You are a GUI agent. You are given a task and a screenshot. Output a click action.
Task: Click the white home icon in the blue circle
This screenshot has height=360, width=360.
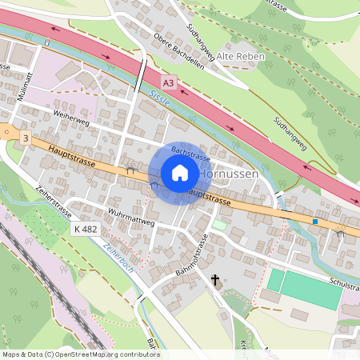pyautogui.click(x=180, y=173)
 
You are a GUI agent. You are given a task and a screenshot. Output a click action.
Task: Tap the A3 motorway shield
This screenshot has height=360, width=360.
pyautogui.click(x=167, y=82)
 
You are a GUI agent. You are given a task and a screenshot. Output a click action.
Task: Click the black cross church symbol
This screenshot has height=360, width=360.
pyautogui.click(x=214, y=280)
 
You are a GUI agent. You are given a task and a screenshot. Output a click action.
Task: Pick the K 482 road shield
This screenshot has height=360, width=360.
pyautogui.click(x=86, y=229)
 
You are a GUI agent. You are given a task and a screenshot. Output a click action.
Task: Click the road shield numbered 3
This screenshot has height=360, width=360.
pyautogui.click(x=26, y=138)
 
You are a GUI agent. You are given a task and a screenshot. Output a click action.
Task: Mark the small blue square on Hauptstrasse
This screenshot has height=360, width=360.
pyautogui.click(x=316, y=221)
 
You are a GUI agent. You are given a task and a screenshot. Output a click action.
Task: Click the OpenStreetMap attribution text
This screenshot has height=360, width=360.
pyautogui.click(x=80, y=354)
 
